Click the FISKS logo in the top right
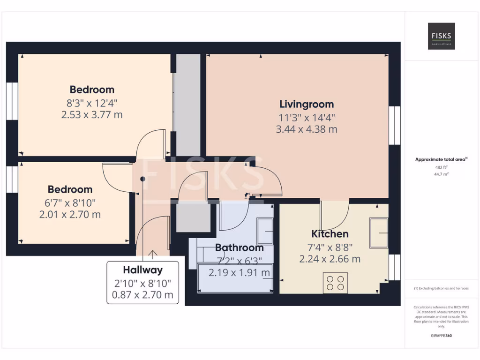441,36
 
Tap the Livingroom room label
307,104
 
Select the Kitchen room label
330,234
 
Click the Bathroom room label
239,247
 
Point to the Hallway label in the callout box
142,270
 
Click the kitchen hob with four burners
335,283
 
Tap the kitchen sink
379,232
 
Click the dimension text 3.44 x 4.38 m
307,129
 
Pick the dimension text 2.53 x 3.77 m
92,114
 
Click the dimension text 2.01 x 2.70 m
70,215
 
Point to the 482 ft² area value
441,167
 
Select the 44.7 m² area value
441,174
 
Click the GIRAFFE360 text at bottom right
441,336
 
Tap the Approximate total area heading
440,160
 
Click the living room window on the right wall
395,125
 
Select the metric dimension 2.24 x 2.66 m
330,259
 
